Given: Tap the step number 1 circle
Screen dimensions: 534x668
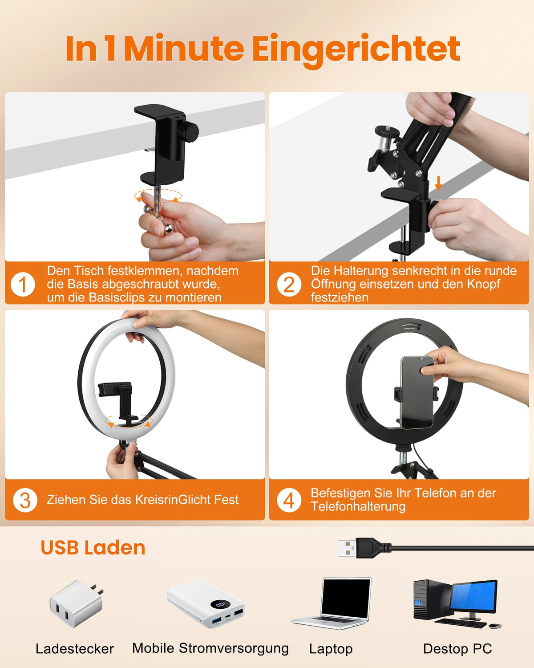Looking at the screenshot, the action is [23, 284].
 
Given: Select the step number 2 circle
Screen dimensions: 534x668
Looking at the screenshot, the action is [288, 284].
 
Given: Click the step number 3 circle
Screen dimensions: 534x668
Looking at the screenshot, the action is [25, 500].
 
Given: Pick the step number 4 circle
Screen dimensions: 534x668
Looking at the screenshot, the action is [288, 500].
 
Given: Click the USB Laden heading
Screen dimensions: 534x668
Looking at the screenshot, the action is [93, 548].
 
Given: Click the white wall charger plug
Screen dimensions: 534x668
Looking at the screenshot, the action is [77, 604].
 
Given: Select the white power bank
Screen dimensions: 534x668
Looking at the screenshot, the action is [206, 604].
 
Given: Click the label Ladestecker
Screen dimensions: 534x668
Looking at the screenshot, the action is [75, 649].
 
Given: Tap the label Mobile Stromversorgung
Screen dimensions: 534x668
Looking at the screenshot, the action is [210, 648].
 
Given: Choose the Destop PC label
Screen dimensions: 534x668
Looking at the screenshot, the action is [457, 649].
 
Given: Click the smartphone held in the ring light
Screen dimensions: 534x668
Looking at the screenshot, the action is [417, 392].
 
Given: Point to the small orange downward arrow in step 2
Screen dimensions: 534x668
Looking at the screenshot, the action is [438, 183].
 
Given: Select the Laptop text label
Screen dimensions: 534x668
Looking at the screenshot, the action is [331, 649].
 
